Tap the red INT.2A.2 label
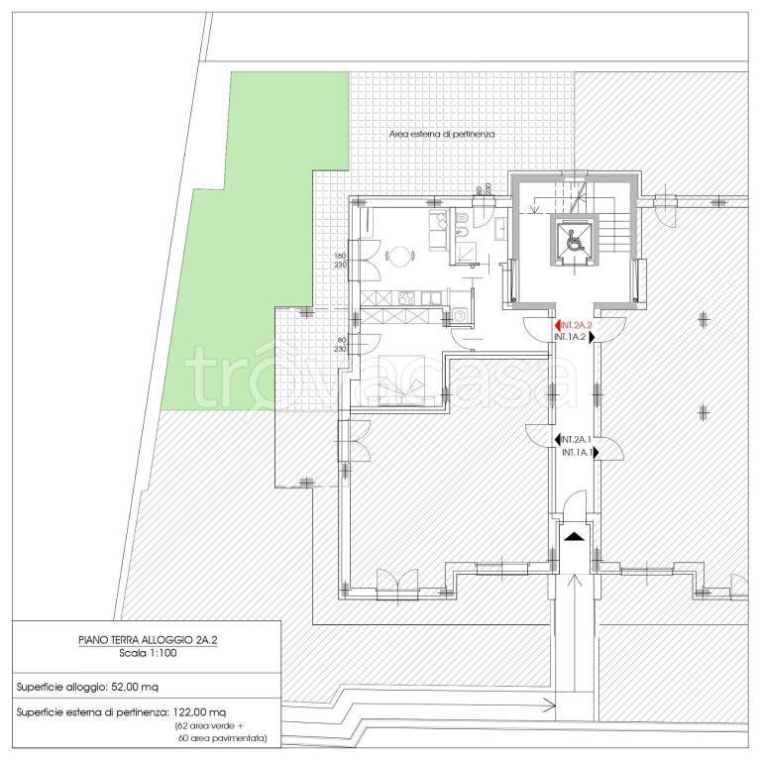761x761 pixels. tap(578, 325)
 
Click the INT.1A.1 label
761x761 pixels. tap(576, 453)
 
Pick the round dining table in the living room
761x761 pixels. tap(399, 257)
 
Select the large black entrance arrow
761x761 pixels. tap(574, 536)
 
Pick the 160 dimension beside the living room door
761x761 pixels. tap(340, 256)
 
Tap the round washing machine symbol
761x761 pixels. tap(460, 316)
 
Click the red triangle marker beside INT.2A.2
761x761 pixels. tap(558, 325)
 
